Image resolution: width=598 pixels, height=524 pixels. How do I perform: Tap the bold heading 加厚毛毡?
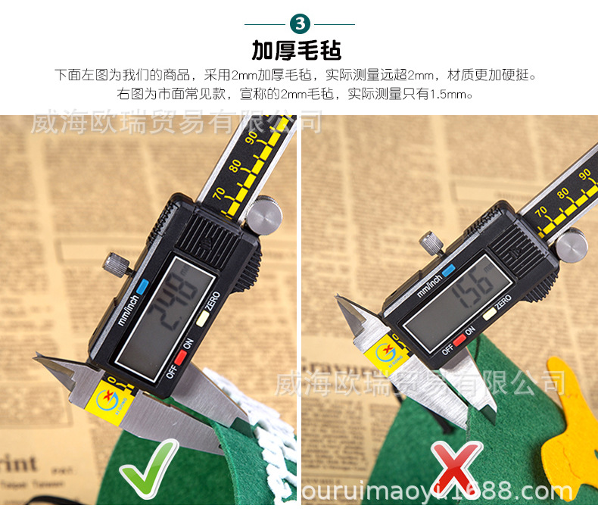pos(297,51)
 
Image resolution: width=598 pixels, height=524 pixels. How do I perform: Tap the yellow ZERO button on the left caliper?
pos(201,319)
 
